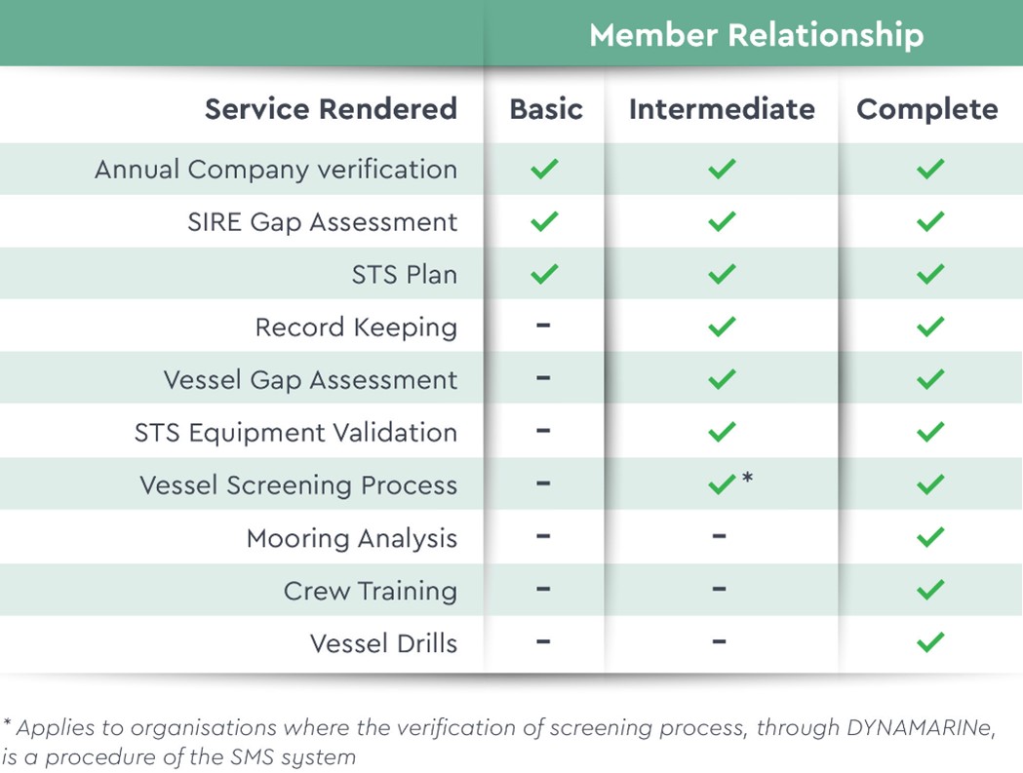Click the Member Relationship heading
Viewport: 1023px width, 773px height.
(x=756, y=34)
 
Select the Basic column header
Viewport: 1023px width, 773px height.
(x=546, y=109)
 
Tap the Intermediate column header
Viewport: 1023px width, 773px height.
(x=722, y=109)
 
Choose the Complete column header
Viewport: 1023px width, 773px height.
(x=927, y=109)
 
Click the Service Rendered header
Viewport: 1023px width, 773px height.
(x=331, y=109)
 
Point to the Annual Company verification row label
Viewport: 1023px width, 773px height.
(x=276, y=170)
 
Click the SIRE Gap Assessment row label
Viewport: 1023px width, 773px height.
(x=322, y=222)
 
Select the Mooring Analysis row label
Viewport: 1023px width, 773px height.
(x=352, y=539)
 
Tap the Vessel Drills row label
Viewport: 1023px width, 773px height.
(x=383, y=643)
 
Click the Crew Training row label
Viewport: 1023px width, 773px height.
(x=371, y=591)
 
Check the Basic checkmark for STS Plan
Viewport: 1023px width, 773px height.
(x=544, y=274)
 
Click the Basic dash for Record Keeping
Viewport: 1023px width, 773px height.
(x=543, y=325)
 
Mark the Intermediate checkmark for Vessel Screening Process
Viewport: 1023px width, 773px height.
(x=722, y=484)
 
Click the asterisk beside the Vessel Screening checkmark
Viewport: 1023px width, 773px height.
(x=748, y=477)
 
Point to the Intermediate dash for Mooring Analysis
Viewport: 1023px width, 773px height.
(x=719, y=536)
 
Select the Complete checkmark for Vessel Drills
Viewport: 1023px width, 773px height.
(x=930, y=641)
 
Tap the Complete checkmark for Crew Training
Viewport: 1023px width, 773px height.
(x=930, y=590)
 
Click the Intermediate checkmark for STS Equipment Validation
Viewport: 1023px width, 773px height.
(x=722, y=432)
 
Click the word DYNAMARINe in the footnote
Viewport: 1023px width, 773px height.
(x=921, y=727)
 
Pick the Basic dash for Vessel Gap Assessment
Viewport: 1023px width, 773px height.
(x=543, y=377)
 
